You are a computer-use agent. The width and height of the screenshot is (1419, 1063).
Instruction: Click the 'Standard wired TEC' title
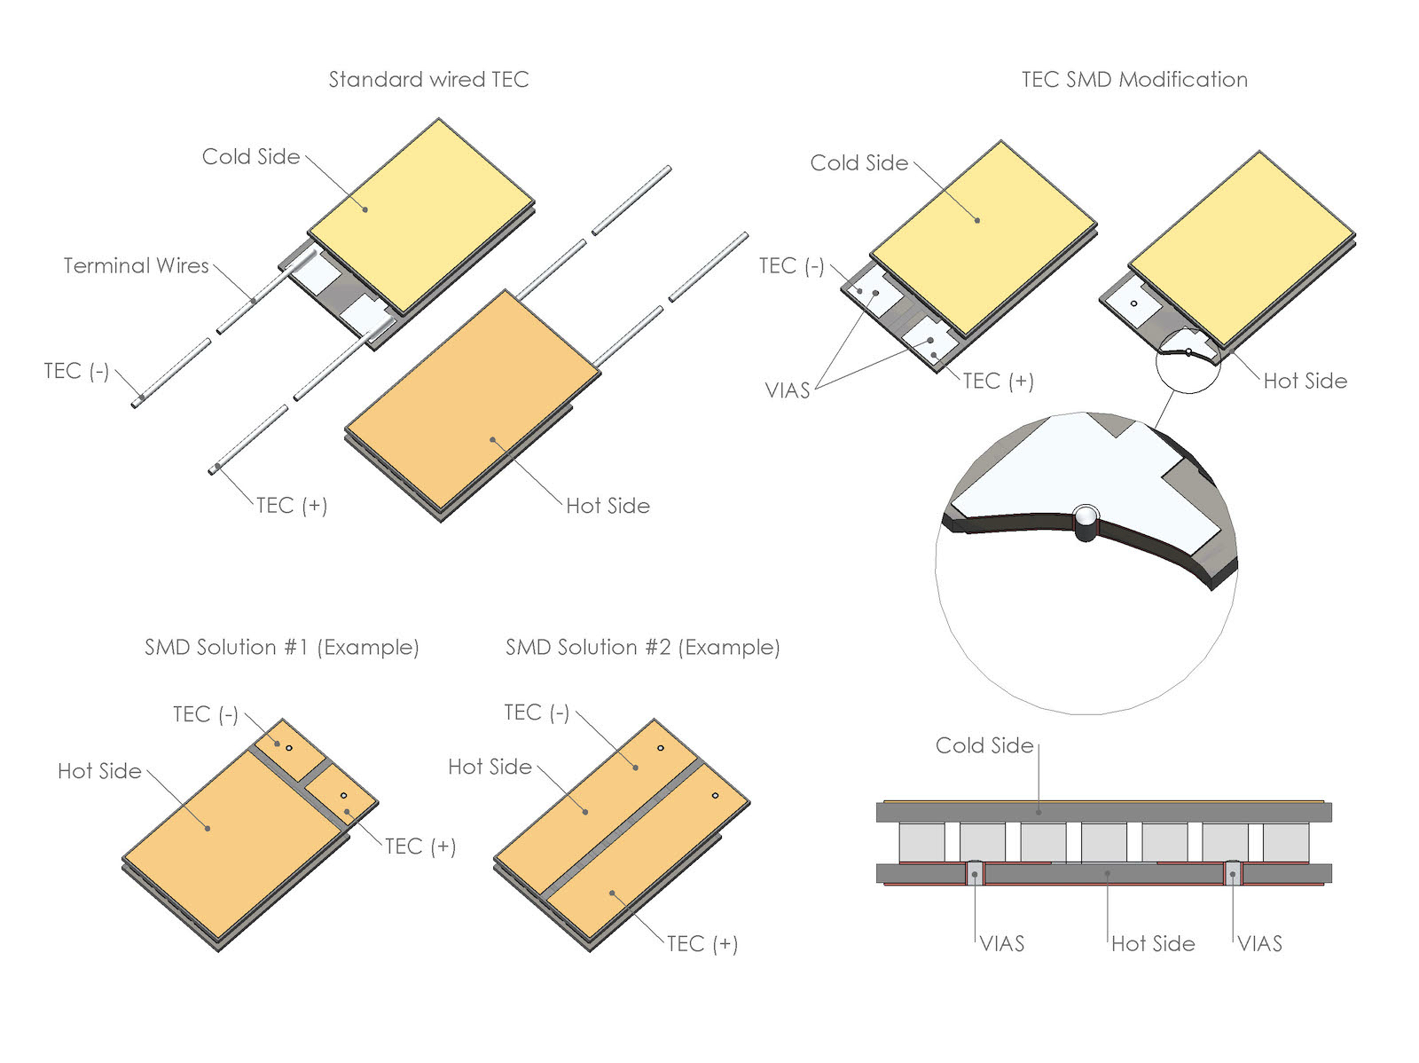[428, 80]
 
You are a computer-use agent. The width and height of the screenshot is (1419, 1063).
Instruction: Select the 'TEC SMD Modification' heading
[1133, 80]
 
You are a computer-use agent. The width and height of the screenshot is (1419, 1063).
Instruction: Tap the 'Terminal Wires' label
[136, 266]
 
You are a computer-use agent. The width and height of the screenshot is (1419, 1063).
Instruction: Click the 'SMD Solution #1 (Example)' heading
[281, 647]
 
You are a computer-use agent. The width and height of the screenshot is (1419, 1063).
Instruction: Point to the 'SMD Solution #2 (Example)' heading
[642, 647]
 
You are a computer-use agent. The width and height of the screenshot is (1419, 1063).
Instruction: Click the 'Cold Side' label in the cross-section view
[984, 745]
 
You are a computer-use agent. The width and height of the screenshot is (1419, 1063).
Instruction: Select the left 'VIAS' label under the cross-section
[1002, 943]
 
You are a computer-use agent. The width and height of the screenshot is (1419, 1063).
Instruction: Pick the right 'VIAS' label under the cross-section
[1259, 943]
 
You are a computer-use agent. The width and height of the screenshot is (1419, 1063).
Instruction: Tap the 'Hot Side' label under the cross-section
[1152, 943]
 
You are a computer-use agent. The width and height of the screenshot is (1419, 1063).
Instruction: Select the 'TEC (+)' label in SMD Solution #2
[702, 943]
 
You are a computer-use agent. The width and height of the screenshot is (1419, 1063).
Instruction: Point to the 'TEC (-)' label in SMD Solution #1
[205, 714]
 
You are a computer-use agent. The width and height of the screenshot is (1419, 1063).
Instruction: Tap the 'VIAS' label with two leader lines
[788, 390]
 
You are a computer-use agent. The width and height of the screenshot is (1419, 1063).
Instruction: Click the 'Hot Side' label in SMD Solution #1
[99, 771]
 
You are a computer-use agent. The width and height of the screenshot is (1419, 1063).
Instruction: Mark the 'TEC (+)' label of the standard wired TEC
[291, 506]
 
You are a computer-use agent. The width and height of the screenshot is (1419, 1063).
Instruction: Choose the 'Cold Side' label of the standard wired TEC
[251, 157]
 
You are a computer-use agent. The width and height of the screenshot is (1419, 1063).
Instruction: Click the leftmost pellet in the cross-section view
[921, 842]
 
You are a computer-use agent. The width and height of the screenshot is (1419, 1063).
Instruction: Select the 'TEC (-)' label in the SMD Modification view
[791, 266]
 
